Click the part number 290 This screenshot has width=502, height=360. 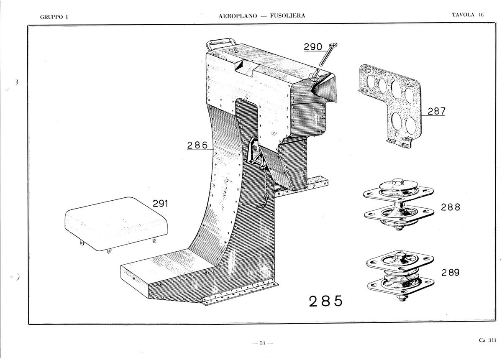pyautogui.click(x=313, y=47)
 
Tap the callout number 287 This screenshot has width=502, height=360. pyautogui.click(x=437, y=111)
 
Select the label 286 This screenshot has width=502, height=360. pyautogui.click(x=197, y=146)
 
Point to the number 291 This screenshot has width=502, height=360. pyautogui.click(x=160, y=203)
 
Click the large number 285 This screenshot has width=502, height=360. pyautogui.click(x=326, y=301)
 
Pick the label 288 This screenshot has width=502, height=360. pyautogui.click(x=451, y=207)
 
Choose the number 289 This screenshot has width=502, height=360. pyautogui.click(x=451, y=273)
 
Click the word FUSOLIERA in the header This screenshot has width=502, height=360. pyautogui.click(x=287, y=16)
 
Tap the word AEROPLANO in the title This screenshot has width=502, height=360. pyautogui.click(x=238, y=16)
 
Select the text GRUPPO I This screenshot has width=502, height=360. pyautogui.click(x=54, y=17)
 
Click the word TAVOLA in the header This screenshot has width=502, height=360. pyautogui.click(x=463, y=15)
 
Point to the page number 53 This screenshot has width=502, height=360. pyautogui.click(x=262, y=343)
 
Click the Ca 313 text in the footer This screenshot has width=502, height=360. pyautogui.click(x=487, y=340)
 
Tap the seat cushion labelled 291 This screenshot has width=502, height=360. pyautogui.click(x=116, y=224)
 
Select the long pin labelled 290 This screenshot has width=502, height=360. pyautogui.click(x=328, y=54)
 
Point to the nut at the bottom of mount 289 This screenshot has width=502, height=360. pyautogui.click(x=402, y=298)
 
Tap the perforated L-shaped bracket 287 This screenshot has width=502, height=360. pyautogui.click(x=390, y=106)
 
